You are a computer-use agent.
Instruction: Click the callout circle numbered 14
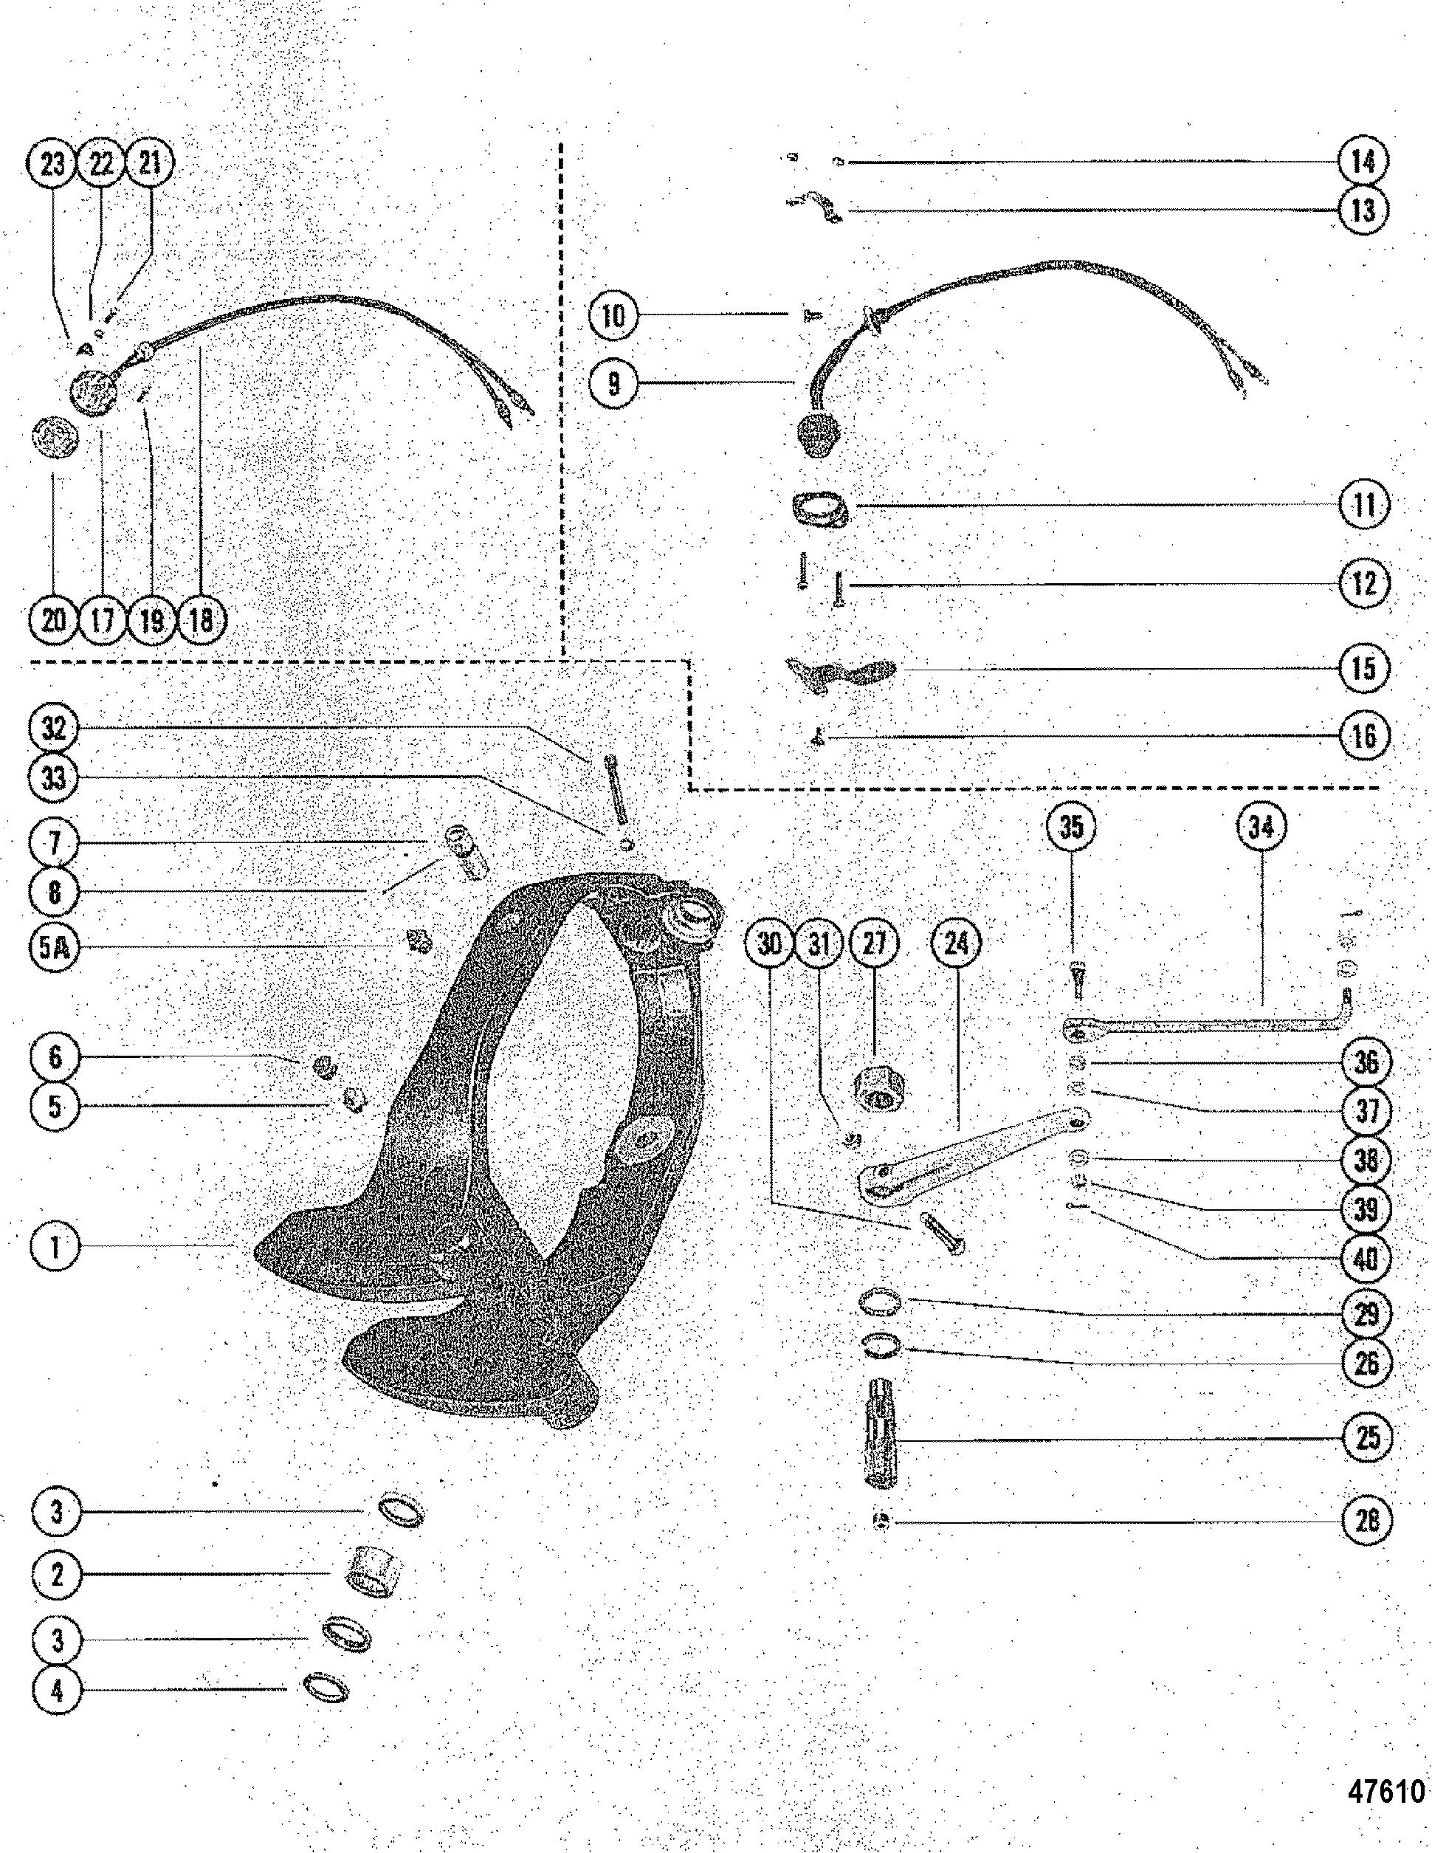(x=1363, y=161)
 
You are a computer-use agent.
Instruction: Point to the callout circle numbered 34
(x=1261, y=825)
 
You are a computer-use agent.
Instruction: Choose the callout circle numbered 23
(x=52, y=163)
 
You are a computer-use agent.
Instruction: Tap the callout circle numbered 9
(x=614, y=382)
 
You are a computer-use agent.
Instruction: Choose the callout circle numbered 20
(x=52, y=620)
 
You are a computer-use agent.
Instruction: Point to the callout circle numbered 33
(x=53, y=777)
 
